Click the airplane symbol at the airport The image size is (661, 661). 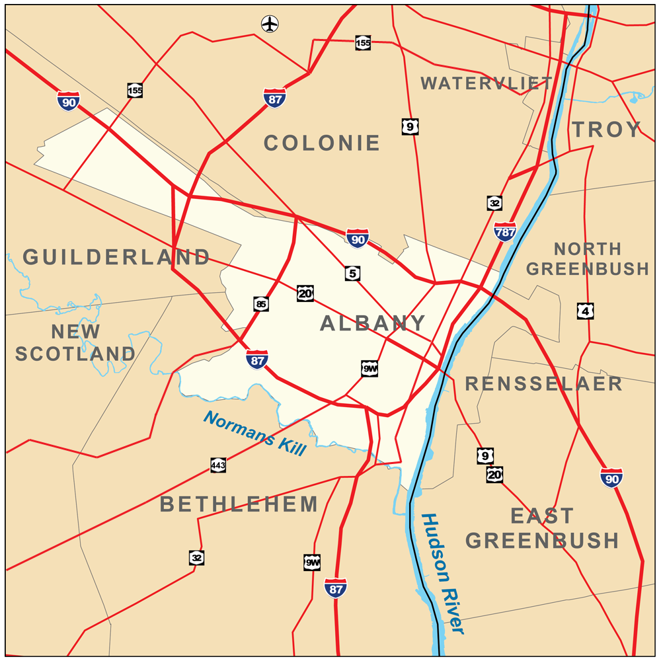[270, 24]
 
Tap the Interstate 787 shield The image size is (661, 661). [505, 231]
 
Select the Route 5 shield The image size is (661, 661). [353, 272]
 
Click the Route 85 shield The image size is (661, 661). [261, 304]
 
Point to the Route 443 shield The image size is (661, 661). [219, 465]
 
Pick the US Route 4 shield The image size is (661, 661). [584, 311]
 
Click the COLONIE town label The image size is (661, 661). [322, 143]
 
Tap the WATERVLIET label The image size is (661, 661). [486, 83]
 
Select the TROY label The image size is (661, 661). [607, 130]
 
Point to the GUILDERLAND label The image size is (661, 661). [116, 257]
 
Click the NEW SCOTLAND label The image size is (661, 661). [75, 342]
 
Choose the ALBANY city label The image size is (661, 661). [373, 323]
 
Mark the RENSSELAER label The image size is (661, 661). [544, 383]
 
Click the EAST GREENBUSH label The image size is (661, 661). [542, 528]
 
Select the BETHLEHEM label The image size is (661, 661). [239, 504]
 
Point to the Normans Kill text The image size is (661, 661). [255, 434]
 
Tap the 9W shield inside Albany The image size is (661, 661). [369, 369]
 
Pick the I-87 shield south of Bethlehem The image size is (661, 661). [336, 587]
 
